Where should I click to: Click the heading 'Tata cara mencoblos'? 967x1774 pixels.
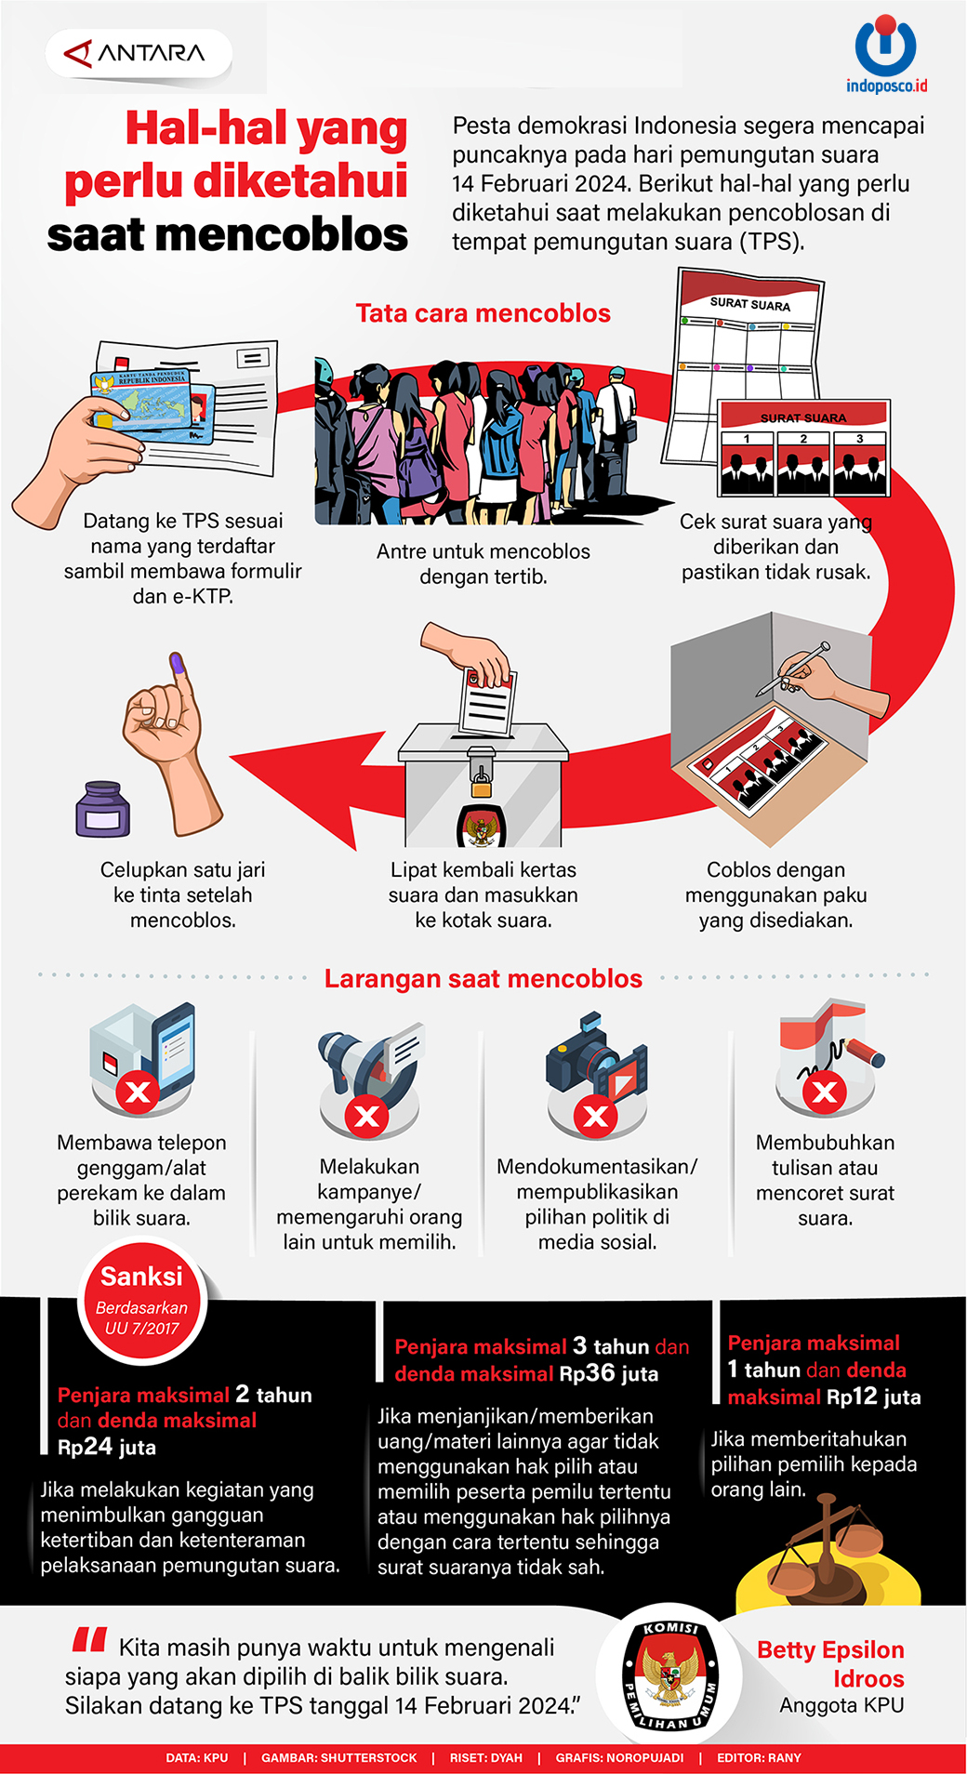483,313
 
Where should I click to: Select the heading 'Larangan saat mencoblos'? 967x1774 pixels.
483,978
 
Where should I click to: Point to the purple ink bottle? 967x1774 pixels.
102,809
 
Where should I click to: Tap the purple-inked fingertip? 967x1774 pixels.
177,662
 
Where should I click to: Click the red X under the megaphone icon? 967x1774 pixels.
367,1116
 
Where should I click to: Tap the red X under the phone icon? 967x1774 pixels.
138,1092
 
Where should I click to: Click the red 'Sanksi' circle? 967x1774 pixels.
141,1302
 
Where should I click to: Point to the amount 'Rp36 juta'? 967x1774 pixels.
609,1373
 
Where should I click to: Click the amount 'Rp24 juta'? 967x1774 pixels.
107,1447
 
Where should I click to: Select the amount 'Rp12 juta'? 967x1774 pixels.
873,1397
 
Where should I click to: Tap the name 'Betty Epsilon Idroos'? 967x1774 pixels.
830,1664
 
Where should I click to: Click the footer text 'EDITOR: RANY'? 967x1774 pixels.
759,1758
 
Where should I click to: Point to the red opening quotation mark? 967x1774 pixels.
89,1640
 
